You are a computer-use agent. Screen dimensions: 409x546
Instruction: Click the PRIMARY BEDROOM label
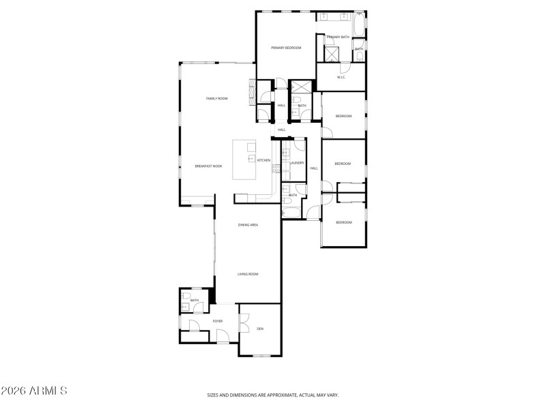(x=285, y=48)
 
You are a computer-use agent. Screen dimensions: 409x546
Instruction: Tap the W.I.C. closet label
(x=341, y=77)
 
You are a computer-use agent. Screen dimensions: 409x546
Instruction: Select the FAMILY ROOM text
(x=217, y=99)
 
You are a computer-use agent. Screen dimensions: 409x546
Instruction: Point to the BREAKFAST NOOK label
(x=208, y=166)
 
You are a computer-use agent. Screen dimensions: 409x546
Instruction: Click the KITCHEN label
(x=263, y=160)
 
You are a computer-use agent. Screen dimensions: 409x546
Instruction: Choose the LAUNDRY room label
(x=297, y=163)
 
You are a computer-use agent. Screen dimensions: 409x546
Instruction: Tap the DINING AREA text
(x=248, y=224)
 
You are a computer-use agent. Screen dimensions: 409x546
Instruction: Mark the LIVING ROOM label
(x=247, y=274)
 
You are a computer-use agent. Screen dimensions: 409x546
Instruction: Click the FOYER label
(x=218, y=321)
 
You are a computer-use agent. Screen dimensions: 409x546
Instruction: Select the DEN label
(x=260, y=329)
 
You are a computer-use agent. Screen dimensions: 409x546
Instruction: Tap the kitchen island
(x=244, y=160)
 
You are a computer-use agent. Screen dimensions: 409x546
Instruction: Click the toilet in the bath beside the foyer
(x=186, y=296)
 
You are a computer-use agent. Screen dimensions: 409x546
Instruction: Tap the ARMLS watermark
(x=34, y=391)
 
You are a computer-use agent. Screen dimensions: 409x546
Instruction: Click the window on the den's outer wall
(x=262, y=355)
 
